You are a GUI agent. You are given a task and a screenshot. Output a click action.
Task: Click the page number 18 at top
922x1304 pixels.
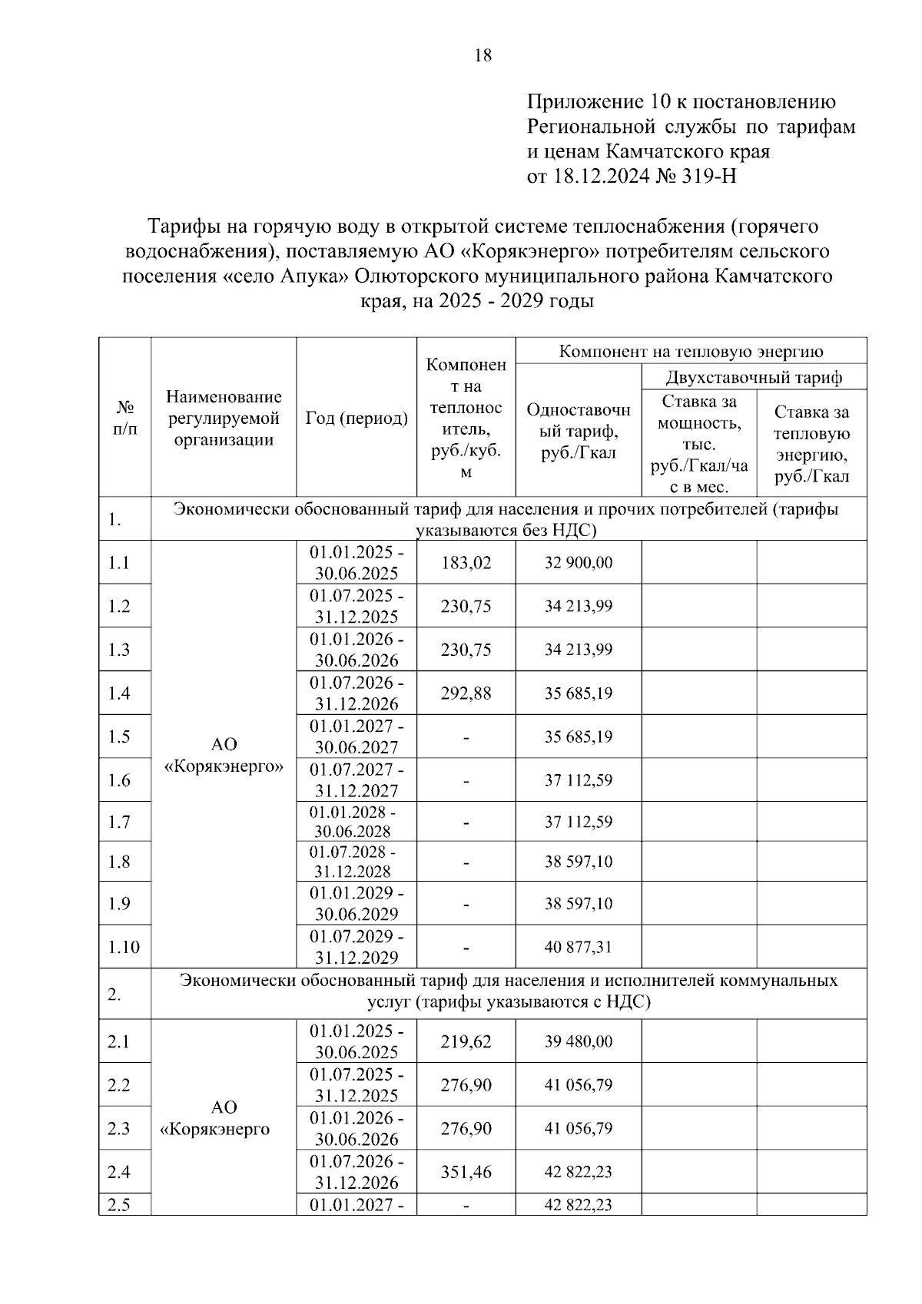483,55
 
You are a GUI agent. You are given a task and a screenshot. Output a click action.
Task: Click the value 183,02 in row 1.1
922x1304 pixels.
466,563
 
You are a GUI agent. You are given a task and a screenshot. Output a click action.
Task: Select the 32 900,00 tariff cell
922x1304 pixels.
578,563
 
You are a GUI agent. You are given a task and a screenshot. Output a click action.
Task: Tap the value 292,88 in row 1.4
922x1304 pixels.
466,693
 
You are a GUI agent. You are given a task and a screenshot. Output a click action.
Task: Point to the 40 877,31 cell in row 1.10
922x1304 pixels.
578,947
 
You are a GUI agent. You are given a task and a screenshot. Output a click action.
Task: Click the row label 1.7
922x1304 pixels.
119,822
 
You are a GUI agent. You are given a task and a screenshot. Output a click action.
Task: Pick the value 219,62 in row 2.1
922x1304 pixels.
466,1042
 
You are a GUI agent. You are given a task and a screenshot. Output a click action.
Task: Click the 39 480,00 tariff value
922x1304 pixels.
578,1042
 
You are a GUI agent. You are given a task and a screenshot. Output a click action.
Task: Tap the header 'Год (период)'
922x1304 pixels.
357,419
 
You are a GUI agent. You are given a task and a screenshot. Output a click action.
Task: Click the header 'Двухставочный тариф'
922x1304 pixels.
753,377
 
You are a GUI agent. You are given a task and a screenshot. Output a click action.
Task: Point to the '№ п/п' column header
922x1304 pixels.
124,419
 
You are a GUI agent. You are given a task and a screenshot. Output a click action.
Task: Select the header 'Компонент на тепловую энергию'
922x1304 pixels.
691,352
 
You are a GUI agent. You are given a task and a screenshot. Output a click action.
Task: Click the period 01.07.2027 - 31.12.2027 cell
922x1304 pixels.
357,780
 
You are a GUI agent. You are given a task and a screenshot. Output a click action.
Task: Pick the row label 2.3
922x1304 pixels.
119,1129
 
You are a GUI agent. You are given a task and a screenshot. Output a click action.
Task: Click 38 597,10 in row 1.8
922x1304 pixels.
578,862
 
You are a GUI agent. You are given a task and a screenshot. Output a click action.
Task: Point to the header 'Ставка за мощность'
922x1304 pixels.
698,412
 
